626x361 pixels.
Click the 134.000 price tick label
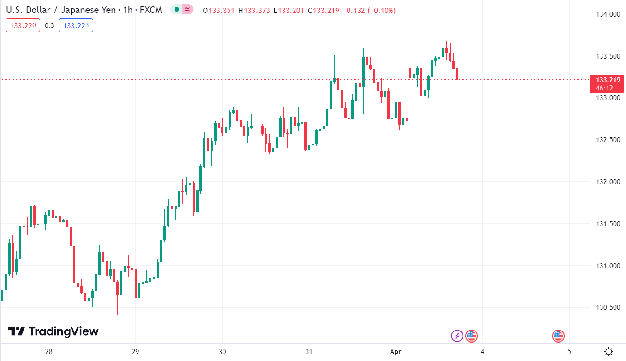[x=607, y=14]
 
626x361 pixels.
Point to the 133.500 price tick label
[x=607, y=56]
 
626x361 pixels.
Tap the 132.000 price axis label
[x=607, y=182]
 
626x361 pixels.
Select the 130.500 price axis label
[x=607, y=307]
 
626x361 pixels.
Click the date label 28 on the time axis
[x=49, y=352]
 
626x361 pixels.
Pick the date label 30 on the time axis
[x=222, y=352]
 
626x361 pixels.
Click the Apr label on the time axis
[x=396, y=352]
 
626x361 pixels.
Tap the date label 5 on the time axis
[x=569, y=352]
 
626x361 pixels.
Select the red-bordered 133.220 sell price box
[x=23, y=25]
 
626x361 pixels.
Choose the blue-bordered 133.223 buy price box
[x=76, y=25]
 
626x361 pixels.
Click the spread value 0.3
[x=49, y=25]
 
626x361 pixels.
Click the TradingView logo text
[x=64, y=331]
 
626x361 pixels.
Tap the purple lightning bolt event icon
[x=457, y=336]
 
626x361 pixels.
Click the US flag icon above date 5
[x=558, y=336]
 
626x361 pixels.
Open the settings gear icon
[x=609, y=352]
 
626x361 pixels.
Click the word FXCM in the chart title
[x=150, y=10]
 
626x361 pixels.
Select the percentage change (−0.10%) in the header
[x=381, y=10]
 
